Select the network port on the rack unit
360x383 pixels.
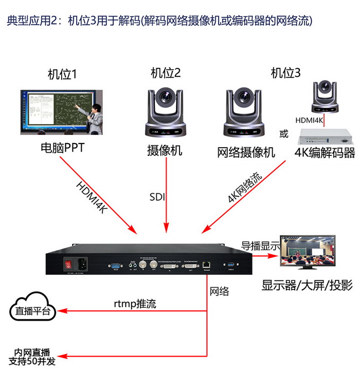point(207,266)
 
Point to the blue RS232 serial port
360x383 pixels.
point(116,267)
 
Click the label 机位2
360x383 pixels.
point(166,74)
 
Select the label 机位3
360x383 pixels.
point(285,73)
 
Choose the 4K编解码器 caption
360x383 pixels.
point(325,152)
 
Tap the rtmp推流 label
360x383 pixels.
point(135,304)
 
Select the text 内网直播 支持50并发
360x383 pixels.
point(32,357)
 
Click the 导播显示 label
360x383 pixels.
point(261,246)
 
